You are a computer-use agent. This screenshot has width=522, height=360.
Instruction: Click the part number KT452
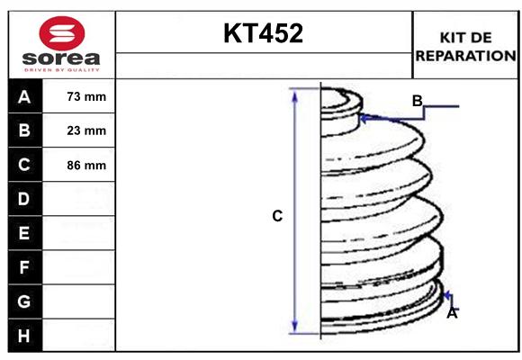pos(263,33)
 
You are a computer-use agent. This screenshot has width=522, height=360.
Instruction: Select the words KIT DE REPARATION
pos(465,46)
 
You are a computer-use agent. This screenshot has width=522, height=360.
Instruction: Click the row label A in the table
pos(24,96)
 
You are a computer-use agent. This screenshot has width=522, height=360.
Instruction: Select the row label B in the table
pos(24,130)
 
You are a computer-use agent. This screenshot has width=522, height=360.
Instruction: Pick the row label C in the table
pos(24,165)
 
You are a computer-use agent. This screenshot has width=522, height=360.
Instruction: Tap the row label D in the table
pos(24,199)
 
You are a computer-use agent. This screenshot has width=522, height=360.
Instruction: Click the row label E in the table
pos(24,233)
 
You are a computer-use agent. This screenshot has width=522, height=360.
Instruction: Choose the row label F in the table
pos(24,267)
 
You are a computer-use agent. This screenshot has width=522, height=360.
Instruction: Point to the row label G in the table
pos(24,301)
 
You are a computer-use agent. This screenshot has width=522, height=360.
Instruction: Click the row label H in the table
pos(24,336)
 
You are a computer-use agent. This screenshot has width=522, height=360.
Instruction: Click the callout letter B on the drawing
pos(417,100)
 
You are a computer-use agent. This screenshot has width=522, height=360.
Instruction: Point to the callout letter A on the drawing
pos(452,313)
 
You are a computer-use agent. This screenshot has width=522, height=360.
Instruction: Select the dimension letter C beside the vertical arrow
pos(277,216)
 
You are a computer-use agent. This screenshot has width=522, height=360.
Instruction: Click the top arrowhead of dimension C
pos(294,94)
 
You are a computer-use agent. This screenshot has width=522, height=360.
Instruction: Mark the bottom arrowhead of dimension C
pos(294,328)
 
